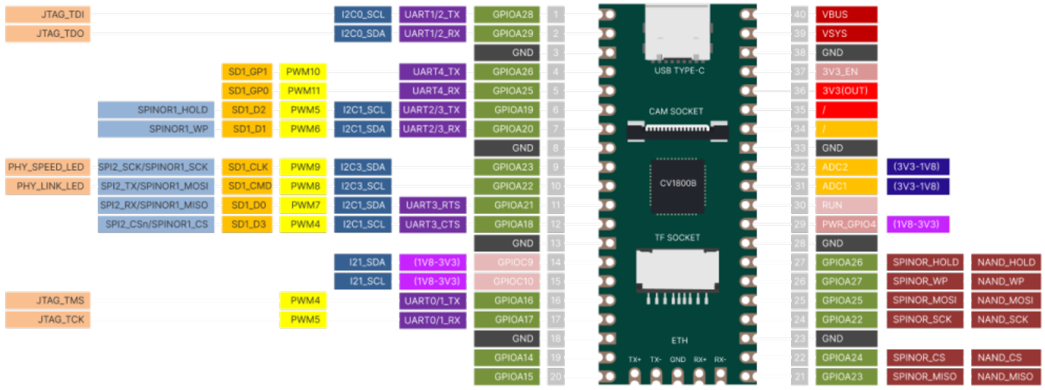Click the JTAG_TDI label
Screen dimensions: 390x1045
[x=48, y=15]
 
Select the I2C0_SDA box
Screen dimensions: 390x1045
[x=363, y=34]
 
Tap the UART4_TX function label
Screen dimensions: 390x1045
[x=433, y=72]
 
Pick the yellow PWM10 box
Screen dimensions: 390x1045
[x=303, y=72]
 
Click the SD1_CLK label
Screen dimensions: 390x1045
[x=247, y=167]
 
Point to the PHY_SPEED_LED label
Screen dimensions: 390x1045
[x=48, y=167]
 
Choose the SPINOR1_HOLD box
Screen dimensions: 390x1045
[x=156, y=110]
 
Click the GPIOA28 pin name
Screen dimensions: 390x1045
[x=507, y=15]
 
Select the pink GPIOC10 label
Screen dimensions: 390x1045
[x=507, y=282]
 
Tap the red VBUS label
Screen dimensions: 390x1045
[x=846, y=15]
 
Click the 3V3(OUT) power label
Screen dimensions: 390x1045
[x=846, y=91]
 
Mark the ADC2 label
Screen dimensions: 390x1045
[x=846, y=167]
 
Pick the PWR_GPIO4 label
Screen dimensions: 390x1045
[x=846, y=224]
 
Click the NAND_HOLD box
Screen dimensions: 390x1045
[x=1005, y=262]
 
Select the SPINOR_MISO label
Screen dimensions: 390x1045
[x=924, y=377]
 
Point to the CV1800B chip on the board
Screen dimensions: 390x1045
[x=678, y=186]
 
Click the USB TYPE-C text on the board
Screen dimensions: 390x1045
[x=679, y=71]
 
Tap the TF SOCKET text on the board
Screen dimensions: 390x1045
[x=677, y=238]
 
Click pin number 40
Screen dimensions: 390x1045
[x=799, y=15]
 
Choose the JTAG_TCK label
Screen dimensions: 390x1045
[x=48, y=319]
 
